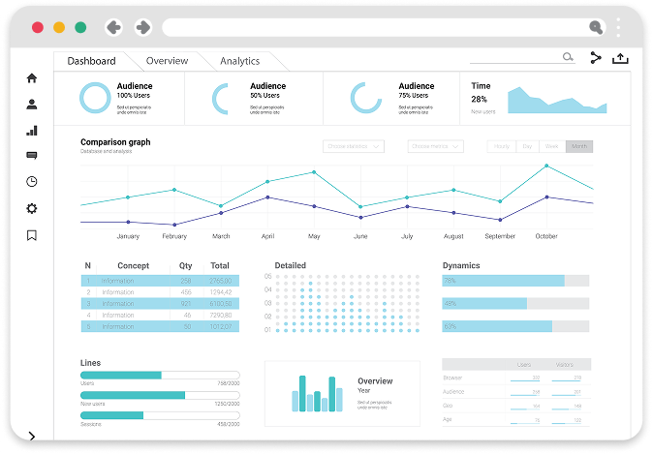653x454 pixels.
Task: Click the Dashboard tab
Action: point(91,61)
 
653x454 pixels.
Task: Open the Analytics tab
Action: point(239,61)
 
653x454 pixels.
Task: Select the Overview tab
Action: point(167,61)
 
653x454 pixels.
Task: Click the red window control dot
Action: point(38,28)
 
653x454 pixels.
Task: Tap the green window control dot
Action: point(80,28)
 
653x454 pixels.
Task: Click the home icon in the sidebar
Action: point(32,78)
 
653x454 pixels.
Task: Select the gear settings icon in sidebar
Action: point(32,208)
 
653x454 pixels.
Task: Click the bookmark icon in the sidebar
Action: point(32,234)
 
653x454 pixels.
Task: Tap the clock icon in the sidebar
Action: point(32,182)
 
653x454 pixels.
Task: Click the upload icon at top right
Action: point(620,58)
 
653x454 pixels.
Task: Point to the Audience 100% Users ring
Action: point(95,98)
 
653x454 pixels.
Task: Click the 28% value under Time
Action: point(480,99)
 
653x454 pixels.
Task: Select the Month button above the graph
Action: point(579,146)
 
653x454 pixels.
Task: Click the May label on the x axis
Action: point(314,236)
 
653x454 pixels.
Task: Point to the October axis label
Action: point(546,236)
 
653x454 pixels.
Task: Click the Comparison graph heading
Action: point(115,142)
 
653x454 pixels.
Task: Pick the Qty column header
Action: point(185,265)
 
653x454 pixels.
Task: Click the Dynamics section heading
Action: point(461,265)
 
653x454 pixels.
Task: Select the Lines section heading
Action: point(90,363)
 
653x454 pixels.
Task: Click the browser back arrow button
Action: point(112,28)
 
